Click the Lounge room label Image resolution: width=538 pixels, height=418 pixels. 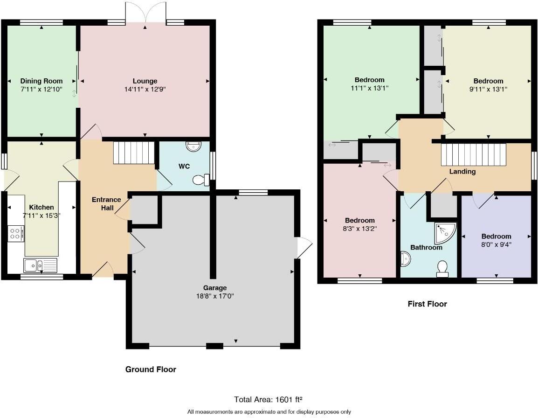click(145, 81)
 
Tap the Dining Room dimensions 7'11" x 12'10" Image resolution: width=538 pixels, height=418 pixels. click(41, 89)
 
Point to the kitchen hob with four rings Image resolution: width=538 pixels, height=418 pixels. click(15, 233)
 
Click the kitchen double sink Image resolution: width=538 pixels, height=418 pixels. click(40, 265)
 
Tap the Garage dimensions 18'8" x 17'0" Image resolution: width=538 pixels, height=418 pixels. click(214, 296)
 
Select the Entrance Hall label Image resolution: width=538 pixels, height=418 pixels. click(106, 203)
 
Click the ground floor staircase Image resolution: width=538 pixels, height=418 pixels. click(134, 153)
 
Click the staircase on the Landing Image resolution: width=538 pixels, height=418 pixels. click(473, 154)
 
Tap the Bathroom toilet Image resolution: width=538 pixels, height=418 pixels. click(442, 268)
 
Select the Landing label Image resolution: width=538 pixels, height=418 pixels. click(462, 171)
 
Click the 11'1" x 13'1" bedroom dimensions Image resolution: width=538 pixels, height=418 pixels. click(369, 88)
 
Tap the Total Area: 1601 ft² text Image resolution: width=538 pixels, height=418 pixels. click(269, 400)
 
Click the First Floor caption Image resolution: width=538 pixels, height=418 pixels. click(427, 304)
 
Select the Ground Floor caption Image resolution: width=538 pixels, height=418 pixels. click(151, 369)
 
